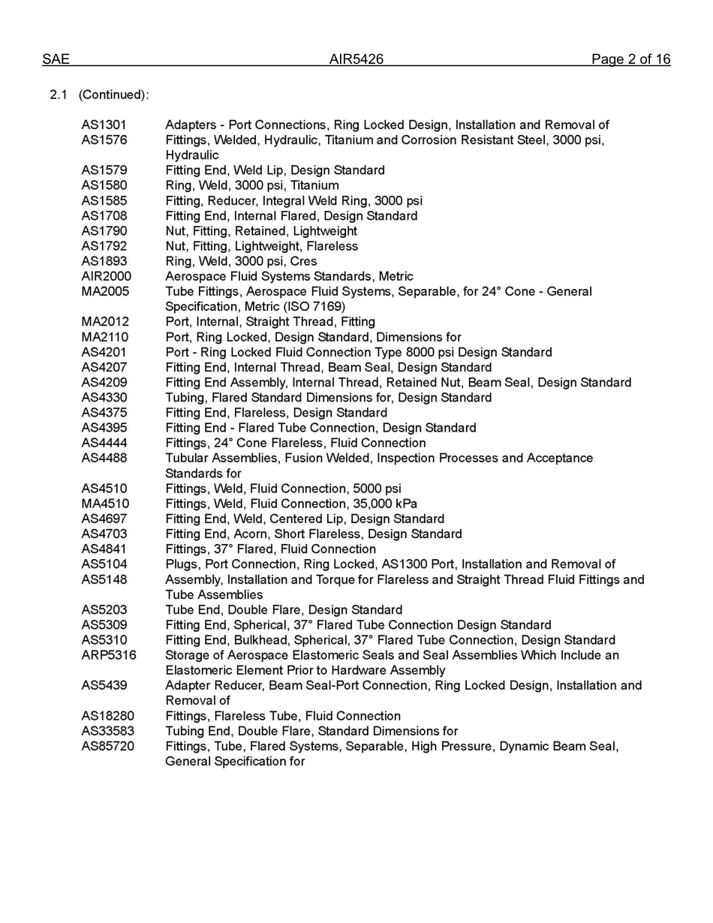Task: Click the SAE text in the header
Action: pos(56,59)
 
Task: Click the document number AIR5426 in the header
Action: pos(356,59)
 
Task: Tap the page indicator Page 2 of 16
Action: pos(630,59)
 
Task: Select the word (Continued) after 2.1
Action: pos(113,95)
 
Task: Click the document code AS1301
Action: pos(104,125)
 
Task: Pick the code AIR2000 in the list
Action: pos(107,276)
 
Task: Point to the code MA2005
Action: pos(105,291)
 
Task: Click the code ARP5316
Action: pos(109,655)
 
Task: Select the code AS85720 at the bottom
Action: pos(108,746)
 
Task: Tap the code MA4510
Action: pos(105,504)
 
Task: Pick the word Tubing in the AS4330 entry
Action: pos(185,398)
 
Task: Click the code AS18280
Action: pos(108,716)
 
